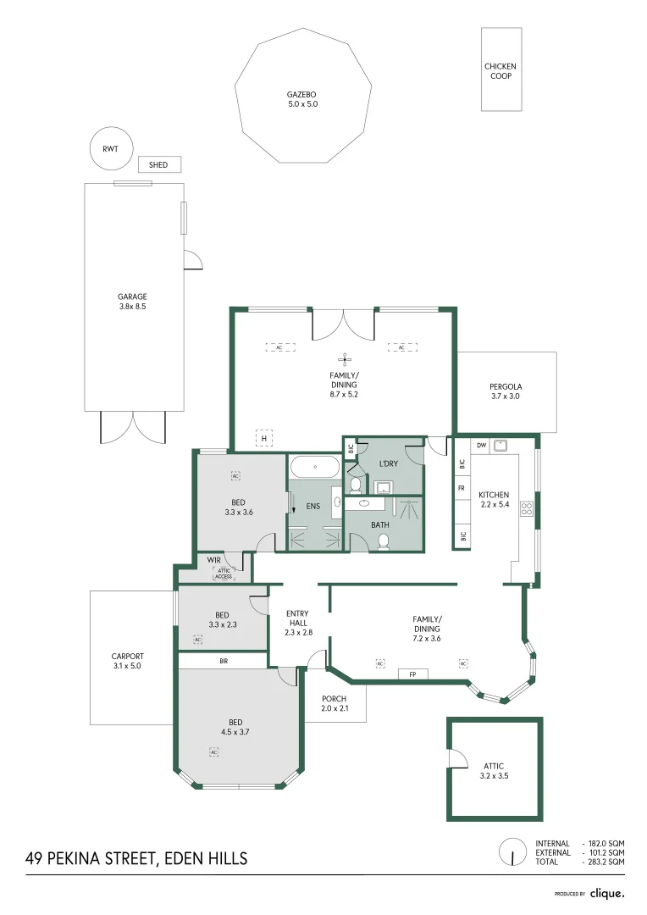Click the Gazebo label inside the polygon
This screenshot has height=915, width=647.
point(302,99)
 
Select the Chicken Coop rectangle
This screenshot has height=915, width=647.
point(500,70)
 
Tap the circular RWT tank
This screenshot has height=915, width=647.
point(111,149)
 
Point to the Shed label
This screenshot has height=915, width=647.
point(158,165)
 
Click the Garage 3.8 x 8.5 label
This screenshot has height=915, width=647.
point(132,302)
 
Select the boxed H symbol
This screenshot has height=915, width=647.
point(264,438)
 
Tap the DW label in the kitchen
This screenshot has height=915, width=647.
point(481,445)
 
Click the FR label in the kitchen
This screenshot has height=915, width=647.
point(462,489)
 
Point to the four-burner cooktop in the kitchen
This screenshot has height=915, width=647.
point(527,508)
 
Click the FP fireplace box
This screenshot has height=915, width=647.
point(412,674)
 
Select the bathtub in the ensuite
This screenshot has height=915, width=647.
point(315,467)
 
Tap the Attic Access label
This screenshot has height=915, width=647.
point(224,574)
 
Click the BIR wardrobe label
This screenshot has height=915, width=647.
point(224,660)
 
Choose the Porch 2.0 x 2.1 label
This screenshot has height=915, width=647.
point(335,703)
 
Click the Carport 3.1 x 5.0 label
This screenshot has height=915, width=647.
point(127,661)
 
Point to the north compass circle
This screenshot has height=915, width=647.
point(512,851)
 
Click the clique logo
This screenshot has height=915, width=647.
point(606,893)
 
